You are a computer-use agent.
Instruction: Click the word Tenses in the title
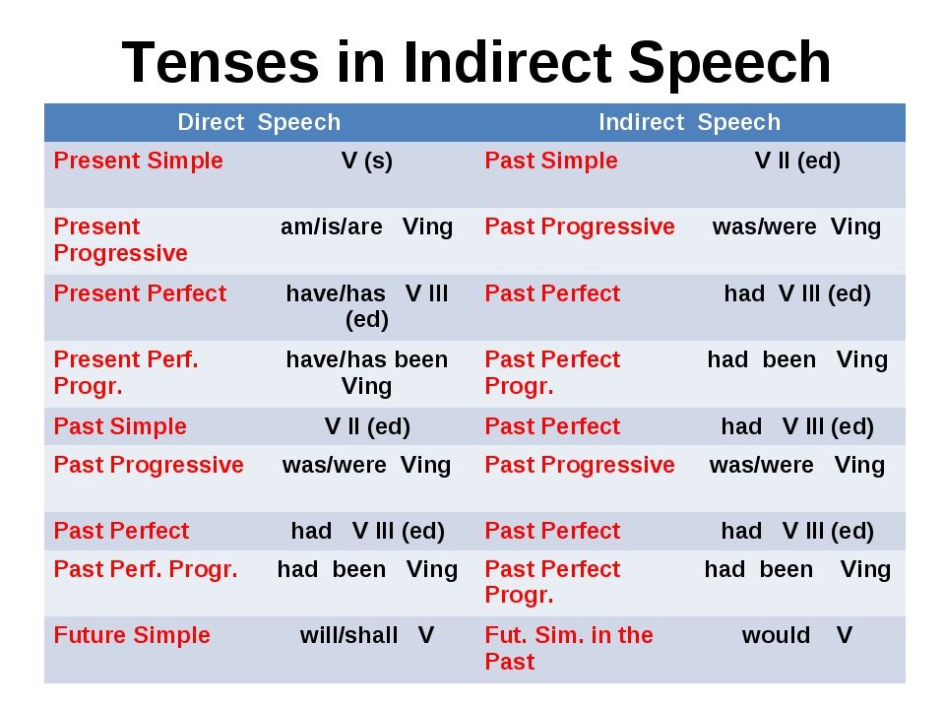coord(220,61)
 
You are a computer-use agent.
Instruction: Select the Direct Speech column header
coord(259,122)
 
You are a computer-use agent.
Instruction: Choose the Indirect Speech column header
coord(689,122)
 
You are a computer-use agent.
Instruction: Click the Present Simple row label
coord(139,161)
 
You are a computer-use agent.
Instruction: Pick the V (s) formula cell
coord(366,161)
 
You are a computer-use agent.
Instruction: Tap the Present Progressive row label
coord(120,239)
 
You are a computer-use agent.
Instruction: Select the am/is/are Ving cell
coord(366,227)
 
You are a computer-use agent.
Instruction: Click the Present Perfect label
coord(140,293)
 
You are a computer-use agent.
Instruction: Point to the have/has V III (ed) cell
coord(366,306)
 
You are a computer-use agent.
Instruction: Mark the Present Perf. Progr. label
coord(126,372)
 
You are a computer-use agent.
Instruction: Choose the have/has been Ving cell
coord(366,372)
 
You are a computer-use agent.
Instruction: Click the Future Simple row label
coord(132,635)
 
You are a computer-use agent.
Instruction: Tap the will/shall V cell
coord(367,635)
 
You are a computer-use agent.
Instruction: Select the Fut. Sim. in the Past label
coord(569,648)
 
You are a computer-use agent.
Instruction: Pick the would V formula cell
coord(796,635)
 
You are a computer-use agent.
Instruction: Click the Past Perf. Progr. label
coord(146,570)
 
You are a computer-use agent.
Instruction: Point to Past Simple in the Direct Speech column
coord(120,426)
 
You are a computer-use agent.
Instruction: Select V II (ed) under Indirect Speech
coord(797,161)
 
